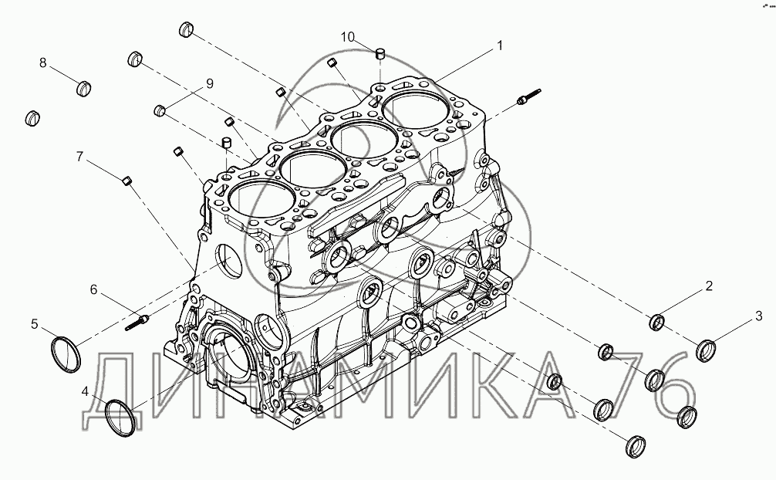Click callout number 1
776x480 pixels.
(500, 46)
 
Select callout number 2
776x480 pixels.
(709, 286)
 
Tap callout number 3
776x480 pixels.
(759, 316)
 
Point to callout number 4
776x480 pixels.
(85, 392)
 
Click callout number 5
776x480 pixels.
(34, 324)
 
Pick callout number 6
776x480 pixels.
(93, 289)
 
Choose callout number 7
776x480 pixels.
(79, 157)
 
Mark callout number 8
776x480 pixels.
(43, 63)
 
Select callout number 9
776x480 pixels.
(210, 83)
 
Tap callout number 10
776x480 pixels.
(348, 37)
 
